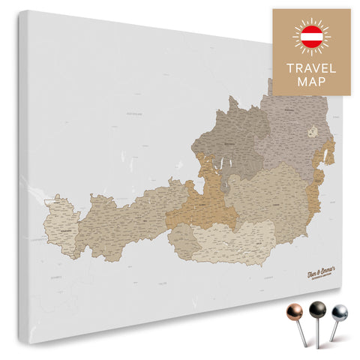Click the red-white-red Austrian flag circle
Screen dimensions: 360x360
pyautogui.click(x=310, y=35)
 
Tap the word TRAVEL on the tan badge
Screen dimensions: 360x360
pyautogui.click(x=310, y=67)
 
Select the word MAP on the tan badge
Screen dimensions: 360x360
pyautogui.click(x=310, y=82)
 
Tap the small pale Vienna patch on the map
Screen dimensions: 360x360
pyautogui.click(x=313, y=131)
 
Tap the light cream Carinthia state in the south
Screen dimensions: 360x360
pyautogui.click(x=232, y=240)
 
